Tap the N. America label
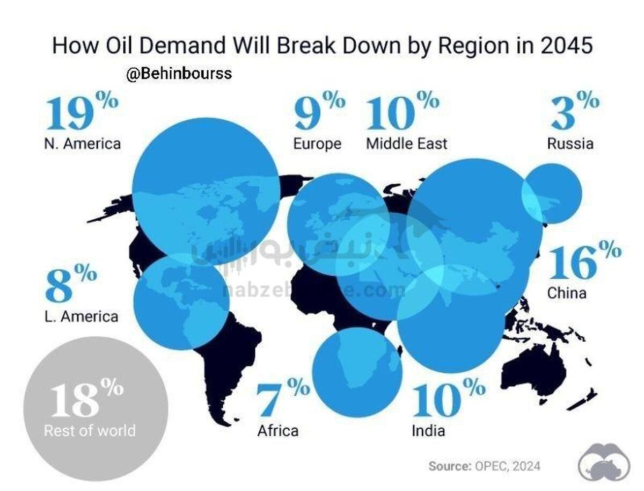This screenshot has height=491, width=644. click(x=83, y=144)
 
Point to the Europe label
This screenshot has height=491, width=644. click(x=317, y=144)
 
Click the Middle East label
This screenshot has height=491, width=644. click(x=406, y=144)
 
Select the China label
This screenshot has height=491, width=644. click(x=567, y=293)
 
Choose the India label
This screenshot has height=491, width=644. click(x=428, y=430)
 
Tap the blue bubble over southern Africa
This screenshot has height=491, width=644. click(x=357, y=372)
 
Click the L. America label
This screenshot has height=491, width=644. click(x=81, y=316)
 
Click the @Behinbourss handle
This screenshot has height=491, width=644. click(x=179, y=74)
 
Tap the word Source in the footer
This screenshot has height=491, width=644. click(x=448, y=466)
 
